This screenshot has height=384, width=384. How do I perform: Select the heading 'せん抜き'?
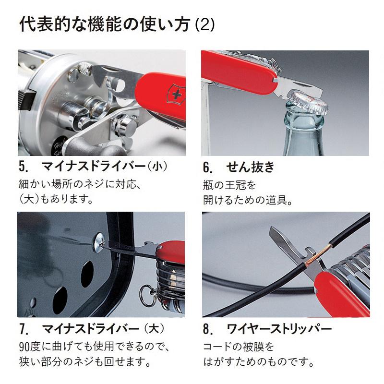pyautogui.click(x=250, y=167)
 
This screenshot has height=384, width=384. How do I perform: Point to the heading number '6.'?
pyautogui.click(x=207, y=168)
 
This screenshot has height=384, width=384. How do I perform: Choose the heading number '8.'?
pyautogui.click(x=207, y=330)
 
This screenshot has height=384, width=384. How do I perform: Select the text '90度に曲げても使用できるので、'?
pyautogui.click(x=94, y=347)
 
